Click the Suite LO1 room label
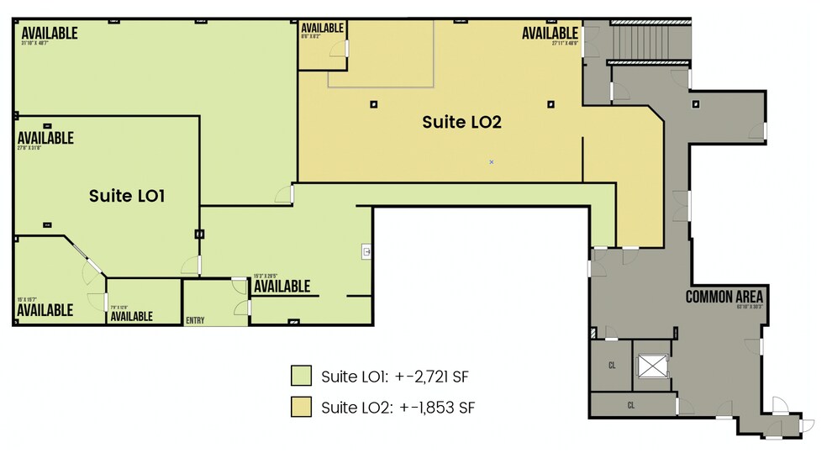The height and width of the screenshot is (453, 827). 126,196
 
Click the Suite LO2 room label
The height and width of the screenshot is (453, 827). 461,121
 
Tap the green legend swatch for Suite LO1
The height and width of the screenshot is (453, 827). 301,375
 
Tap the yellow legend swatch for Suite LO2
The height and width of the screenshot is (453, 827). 301,408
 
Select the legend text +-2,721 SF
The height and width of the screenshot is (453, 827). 437,376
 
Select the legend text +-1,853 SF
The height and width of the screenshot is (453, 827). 438,408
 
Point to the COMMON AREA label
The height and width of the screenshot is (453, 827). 724,297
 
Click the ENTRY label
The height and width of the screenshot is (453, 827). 195,320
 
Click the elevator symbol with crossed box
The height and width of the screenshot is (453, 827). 652,366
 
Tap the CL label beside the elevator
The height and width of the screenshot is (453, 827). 612,365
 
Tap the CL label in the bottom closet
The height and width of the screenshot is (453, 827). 630,404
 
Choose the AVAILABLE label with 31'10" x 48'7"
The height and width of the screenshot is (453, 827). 50,34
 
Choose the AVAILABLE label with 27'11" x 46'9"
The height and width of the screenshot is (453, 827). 550,33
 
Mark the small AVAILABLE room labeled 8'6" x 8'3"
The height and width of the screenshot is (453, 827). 322,28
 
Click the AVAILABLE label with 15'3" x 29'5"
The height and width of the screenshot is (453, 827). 282,287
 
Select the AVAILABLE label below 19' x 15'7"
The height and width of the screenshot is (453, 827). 45,310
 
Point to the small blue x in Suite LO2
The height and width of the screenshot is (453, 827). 492,161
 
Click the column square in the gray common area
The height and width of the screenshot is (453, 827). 696,104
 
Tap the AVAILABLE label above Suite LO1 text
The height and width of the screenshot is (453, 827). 45,138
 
